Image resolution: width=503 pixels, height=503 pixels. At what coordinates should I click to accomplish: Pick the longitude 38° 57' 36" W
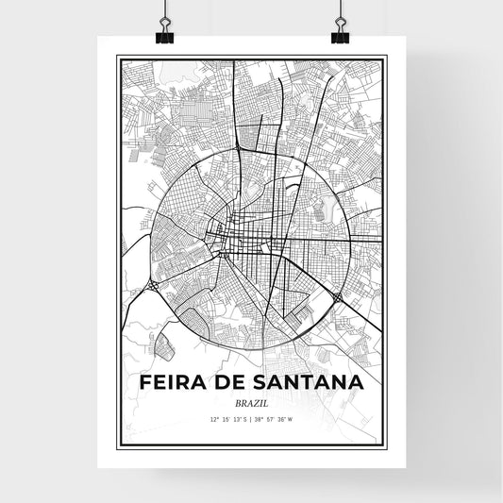pyautogui.click(x=278, y=418)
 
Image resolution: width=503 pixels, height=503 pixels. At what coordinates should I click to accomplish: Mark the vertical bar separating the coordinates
pyautogui.click(x=251, y=418)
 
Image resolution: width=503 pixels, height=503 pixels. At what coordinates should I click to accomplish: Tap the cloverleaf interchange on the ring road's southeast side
pyautogui.click(x=337, y=298)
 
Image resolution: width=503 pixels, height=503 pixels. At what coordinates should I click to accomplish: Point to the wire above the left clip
pyautogui.click(x=163, y=8)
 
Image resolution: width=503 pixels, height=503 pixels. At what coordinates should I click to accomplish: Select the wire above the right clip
pyautogui.click(x=339, y=8)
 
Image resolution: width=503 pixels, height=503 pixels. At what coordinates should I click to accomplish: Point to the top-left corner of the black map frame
pyautogui.click(x=118, y=58)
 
